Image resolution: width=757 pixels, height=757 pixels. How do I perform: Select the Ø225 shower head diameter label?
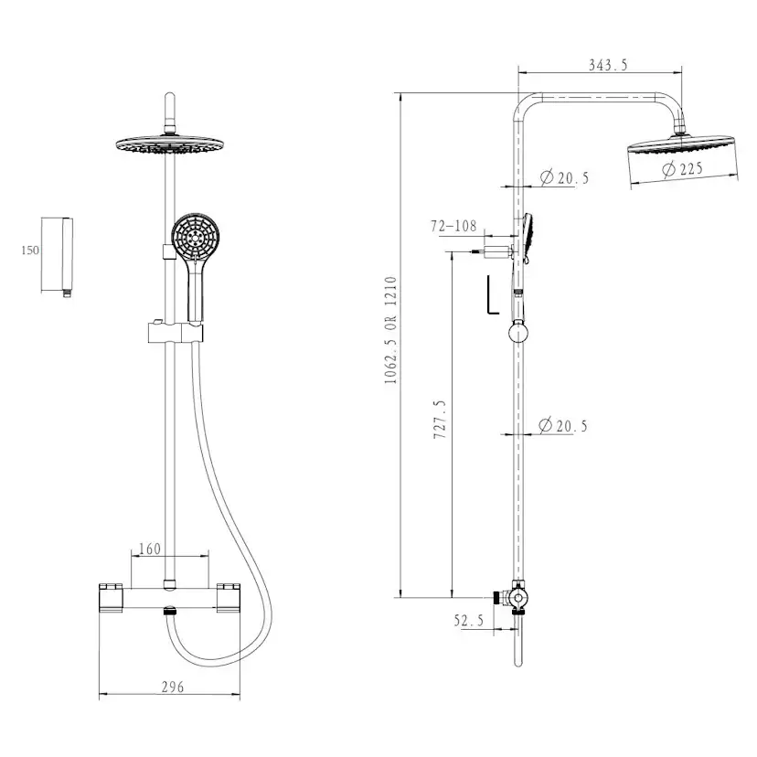pos(682,168)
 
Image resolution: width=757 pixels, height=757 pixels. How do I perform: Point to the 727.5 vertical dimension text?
pos(439,420)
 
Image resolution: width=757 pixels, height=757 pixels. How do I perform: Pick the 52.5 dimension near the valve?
pos(468,620)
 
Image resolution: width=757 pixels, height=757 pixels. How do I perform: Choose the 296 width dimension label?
pos(171,687)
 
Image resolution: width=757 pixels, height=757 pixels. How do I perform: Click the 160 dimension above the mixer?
pos(149,549)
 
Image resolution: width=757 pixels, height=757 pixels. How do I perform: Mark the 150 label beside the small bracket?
pos(30,251)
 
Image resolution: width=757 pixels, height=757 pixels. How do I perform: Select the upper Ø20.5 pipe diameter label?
pos(564,177)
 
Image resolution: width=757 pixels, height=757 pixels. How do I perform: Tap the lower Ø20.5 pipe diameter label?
pos(564,425)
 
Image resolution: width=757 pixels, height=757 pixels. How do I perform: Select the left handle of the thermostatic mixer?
pos(111,597)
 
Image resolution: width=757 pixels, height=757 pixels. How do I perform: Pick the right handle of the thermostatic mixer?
pos(228,597)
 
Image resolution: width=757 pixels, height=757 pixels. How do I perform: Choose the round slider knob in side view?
pos(517,330)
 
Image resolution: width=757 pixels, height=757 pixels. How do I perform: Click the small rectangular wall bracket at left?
pos(59,254)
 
